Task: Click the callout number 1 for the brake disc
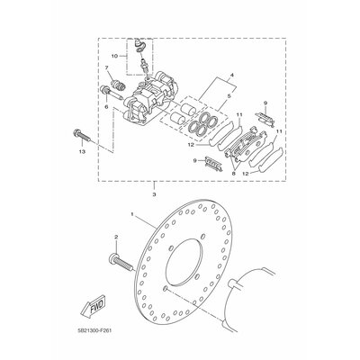point(131,214)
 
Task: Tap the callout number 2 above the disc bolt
point(116,237)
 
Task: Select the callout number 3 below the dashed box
point(154,194)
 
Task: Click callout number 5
point(229,96)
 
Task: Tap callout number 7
point(106,68)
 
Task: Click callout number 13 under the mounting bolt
point(82,151)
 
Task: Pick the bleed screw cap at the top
point(139,43)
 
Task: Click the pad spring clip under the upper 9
point(265,118)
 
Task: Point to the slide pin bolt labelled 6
point(112,92)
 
